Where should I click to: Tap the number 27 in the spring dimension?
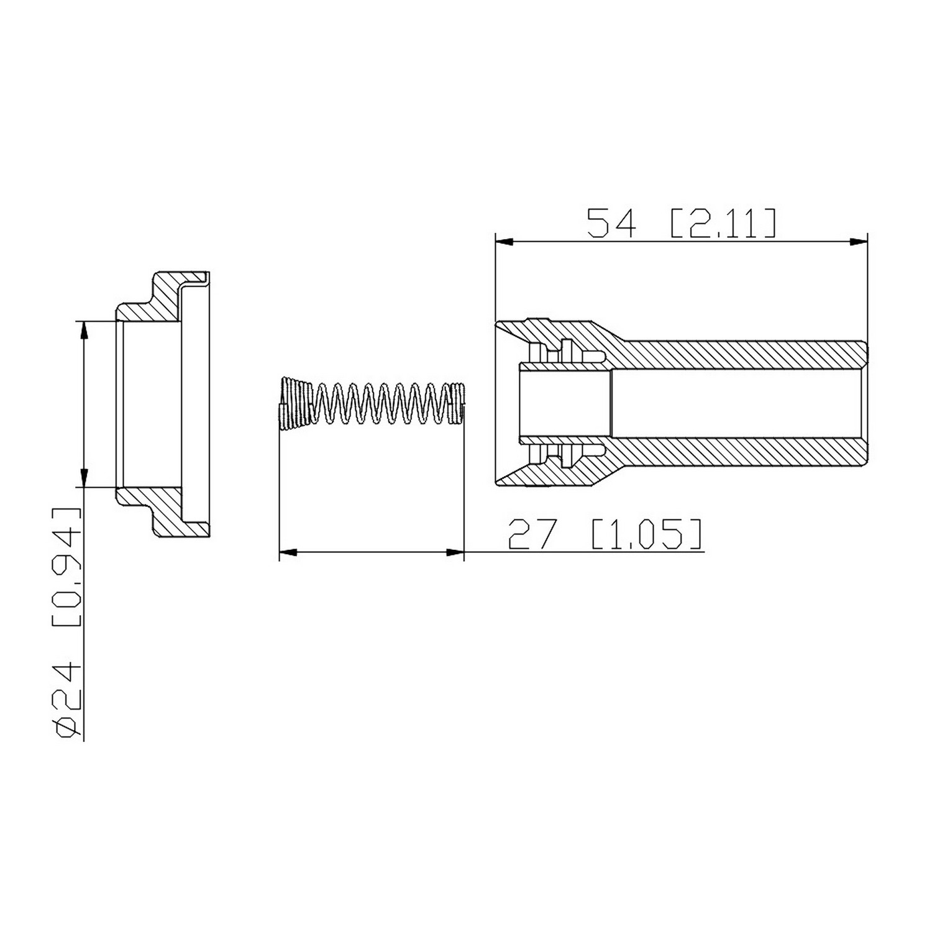pos(532,534)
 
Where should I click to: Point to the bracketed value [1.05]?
pos(647,534)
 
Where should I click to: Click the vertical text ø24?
pos(68,700)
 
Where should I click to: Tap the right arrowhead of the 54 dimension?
pos(857,242)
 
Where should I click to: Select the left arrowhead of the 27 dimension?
pos(289,552)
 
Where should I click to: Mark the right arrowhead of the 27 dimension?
pos(455,552)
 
